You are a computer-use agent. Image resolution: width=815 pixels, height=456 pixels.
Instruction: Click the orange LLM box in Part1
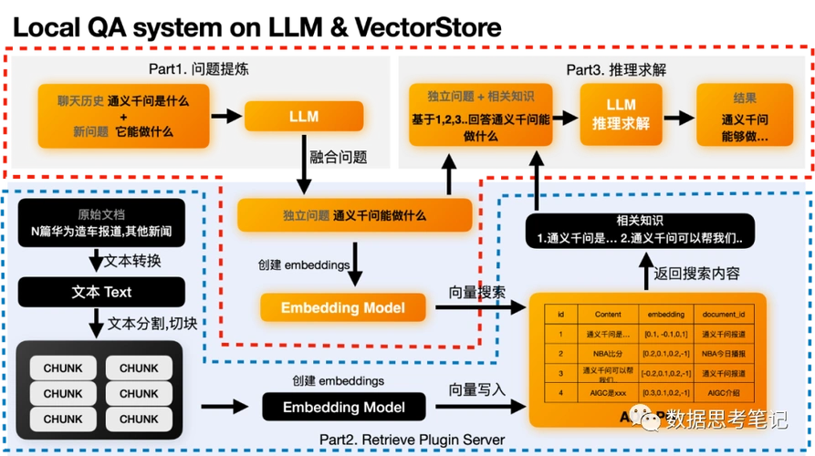(x=303, y=117)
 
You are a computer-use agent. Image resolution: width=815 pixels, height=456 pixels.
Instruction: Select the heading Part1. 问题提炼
(x=199, y=69)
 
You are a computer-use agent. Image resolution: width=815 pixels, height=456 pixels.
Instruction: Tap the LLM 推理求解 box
(x=621, y=115)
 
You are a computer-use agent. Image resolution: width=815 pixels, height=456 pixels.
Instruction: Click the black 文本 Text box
(x=101, y=292)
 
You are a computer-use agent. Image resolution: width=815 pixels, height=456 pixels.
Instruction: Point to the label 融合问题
(x=339, y=157)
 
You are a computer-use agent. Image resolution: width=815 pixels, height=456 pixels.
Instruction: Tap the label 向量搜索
(x=475, y=292)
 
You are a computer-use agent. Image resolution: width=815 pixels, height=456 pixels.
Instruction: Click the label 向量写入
(x=476, y=389)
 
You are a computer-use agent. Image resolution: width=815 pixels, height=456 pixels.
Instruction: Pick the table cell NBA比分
(x=601, y=353)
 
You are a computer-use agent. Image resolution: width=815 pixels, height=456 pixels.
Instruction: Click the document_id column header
(x=724, y=314)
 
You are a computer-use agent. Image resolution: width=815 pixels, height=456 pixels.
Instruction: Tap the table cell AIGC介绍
(x=724, y=392)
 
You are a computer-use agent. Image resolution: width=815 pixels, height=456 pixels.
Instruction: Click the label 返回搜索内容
(x=696, y=273)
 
